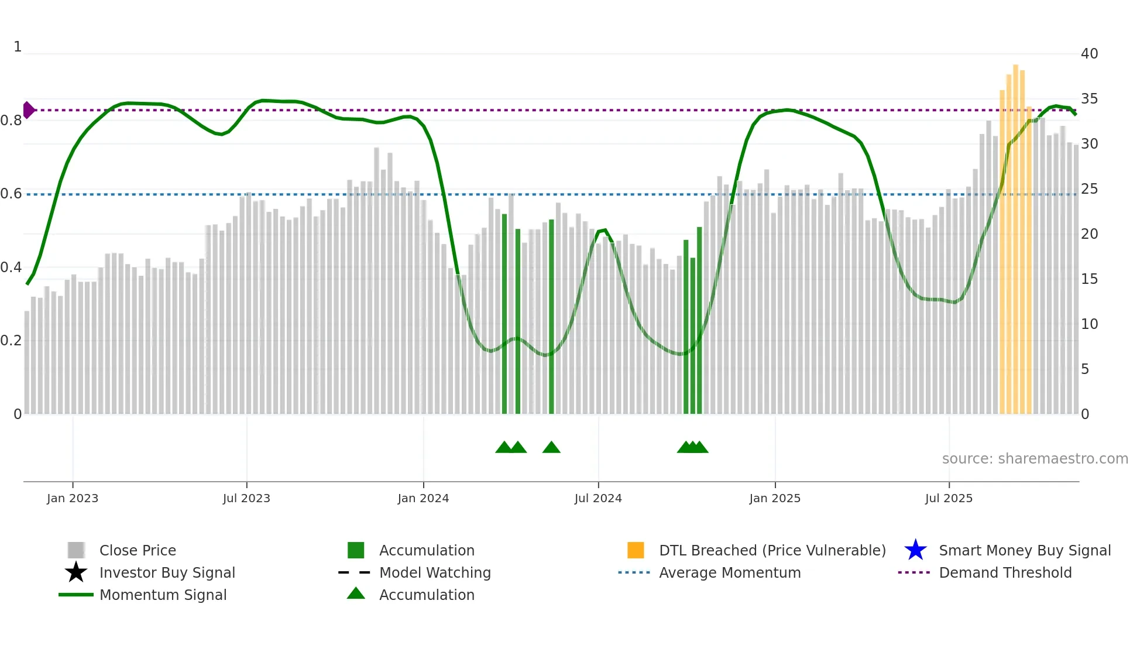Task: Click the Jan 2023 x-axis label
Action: click(x=73, y=499)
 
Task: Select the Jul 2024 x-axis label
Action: click(x=598, y=499)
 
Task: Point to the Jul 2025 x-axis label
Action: click(x=949, y=499)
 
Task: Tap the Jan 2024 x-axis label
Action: click(x=423, y=499)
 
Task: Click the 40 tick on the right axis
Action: click(x=1089, y=54)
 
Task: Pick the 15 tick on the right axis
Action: click(x=1089, y=279)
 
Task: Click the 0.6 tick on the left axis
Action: click(x=11, y=194)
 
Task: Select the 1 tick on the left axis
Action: click(x=18, y=47)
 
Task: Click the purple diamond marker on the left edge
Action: click(x=28, y=110)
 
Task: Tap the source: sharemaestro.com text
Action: click(x=1035, y=459)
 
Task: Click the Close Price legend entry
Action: click(x=138, y=551)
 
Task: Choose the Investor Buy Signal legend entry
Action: click(x=167, y=573)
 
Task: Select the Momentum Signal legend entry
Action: click(x=163, y=595)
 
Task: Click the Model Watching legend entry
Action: click(x=435, y=573)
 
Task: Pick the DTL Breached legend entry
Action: click(x=772, y=551)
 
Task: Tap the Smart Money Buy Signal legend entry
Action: click(x=1025, y=551)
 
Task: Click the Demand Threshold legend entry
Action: click(x=1005, y=573)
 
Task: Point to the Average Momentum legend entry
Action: click(x=730, y=573)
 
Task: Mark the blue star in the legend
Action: click(x=915, y=551)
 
